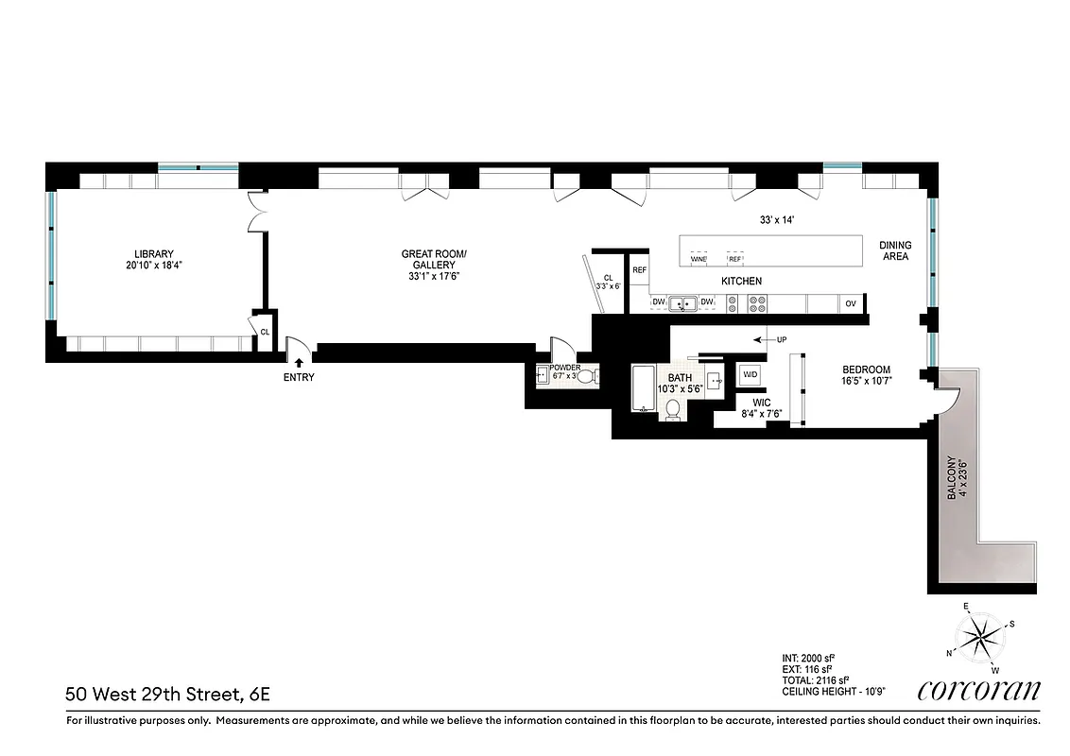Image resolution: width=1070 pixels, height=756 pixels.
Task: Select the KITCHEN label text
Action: coord(741,282)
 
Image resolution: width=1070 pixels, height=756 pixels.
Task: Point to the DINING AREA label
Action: coord(895,249)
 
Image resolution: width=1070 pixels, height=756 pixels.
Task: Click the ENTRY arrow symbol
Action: coord(300,361)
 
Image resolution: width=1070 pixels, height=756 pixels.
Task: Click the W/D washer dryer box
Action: coord(751,375)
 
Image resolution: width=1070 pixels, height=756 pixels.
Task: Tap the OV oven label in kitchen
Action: coord(850,303)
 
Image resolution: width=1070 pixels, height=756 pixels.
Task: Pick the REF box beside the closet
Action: coord(639,270)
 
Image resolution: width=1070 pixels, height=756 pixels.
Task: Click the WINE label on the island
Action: coord(699,259)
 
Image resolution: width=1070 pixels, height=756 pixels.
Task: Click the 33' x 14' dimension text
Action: coord(777,219)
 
